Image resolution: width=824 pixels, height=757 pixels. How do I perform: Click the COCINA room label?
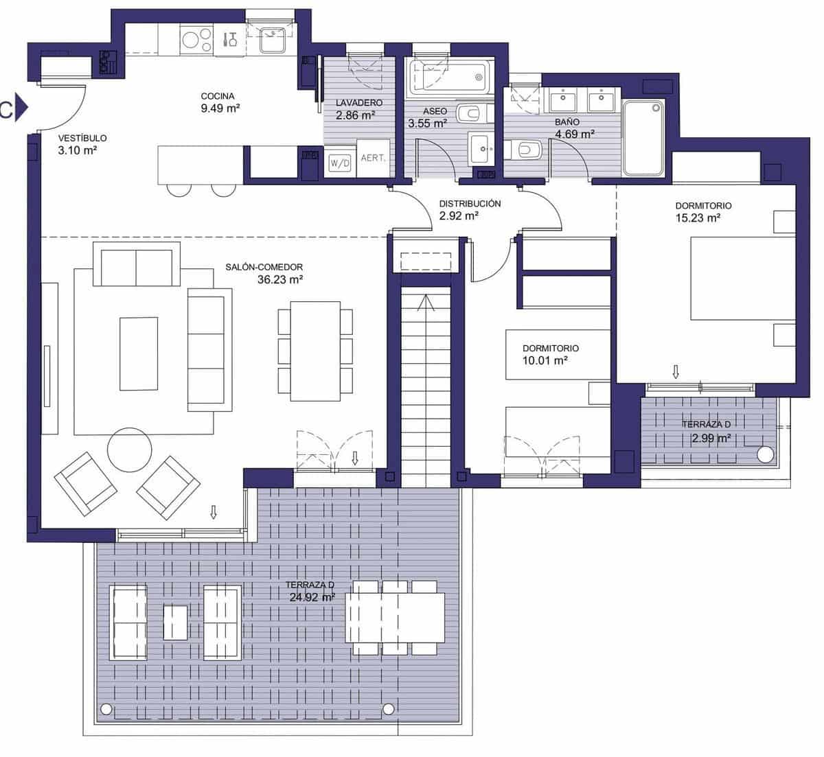tap(218, 96)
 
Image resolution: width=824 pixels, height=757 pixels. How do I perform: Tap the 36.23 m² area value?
tap(280, 279)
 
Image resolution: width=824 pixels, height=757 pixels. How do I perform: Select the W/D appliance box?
tap(339, 163)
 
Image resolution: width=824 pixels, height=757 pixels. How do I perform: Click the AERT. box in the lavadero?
tap(374, 158)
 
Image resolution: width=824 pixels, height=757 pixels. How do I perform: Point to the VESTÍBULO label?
tap(82, 138)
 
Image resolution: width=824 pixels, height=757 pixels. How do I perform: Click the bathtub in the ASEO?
tap(448, 78)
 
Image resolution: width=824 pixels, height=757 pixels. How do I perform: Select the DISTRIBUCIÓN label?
tap(470, 204)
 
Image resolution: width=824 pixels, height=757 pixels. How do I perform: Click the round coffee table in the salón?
tap(130, 449)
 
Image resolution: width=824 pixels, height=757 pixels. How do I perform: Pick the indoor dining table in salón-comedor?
tap(315, 351)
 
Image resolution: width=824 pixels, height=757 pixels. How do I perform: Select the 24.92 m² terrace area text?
tap(312, 597)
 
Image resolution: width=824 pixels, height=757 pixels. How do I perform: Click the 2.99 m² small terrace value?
tap(710, 438)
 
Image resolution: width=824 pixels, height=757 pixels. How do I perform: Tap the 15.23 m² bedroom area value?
tap(698, 218)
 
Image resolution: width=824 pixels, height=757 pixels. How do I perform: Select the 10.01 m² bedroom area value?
tap(545, 360)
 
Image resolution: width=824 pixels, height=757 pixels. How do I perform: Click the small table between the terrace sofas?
tap(175, 622)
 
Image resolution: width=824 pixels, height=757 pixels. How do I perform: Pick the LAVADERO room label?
tap(359, 103)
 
